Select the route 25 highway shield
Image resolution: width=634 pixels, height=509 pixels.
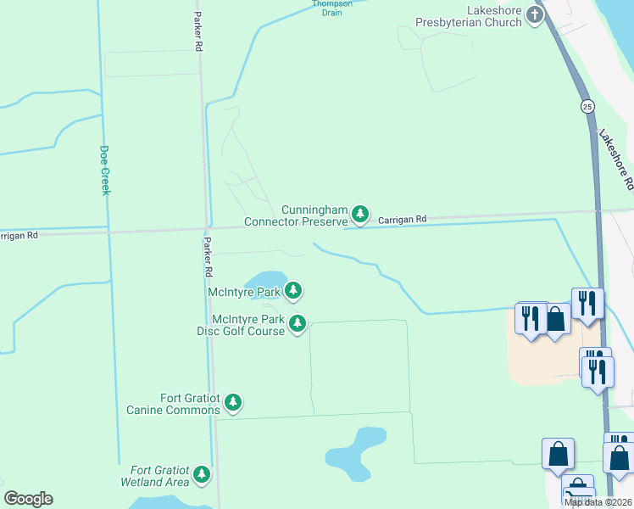coord(587,106)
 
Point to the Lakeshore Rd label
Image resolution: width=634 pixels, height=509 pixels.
coord(615,159)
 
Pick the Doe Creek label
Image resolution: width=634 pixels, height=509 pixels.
coord(105,170)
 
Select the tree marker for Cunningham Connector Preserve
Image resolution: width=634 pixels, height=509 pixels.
coord(361,214)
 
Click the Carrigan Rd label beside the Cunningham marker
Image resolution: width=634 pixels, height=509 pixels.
coord(402,219)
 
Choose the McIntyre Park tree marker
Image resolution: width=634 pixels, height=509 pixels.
coord(294,291)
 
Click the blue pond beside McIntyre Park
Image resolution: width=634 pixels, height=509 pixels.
coord(264,280)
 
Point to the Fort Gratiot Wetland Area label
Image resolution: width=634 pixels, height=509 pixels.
coord(160,476)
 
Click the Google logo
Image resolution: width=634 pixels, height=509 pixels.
coord(28,499)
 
